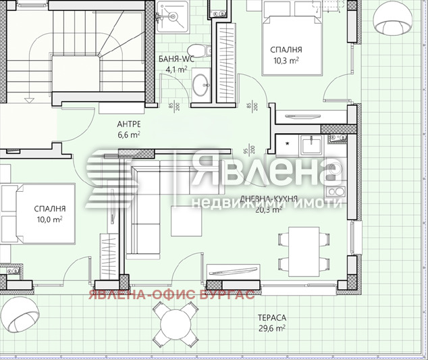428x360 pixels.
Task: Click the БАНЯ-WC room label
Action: (177, 59)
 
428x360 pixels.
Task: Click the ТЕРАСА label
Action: (271, 317)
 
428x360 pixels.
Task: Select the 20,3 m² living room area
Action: (271, 209)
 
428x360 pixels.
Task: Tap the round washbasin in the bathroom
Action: (200, 84)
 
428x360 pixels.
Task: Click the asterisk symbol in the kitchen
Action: (288, 145)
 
